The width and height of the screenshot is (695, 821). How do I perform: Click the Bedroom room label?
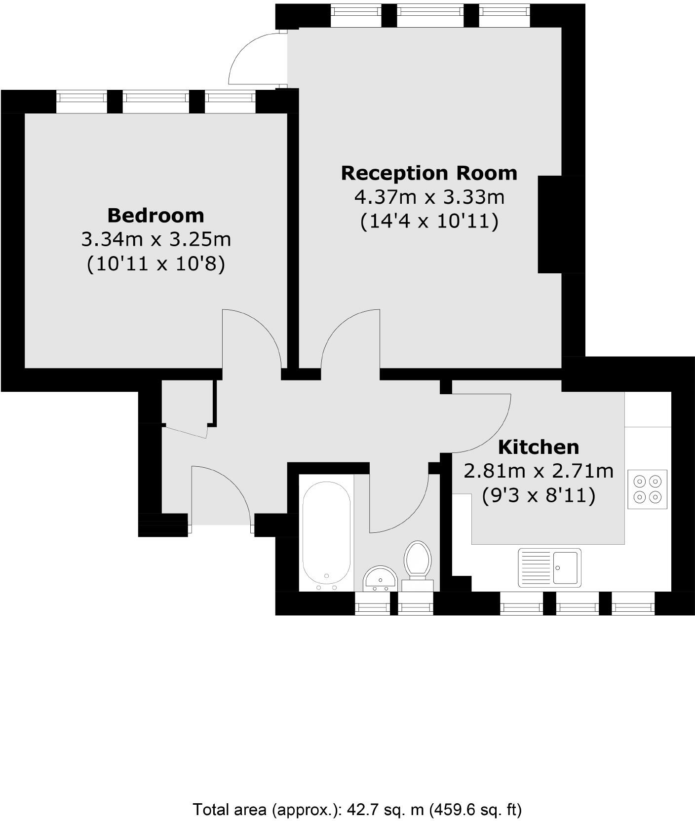click(155, 216)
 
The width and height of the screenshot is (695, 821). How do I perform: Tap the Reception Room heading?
click(429, 173)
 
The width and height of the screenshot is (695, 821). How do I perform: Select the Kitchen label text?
click(538, 447)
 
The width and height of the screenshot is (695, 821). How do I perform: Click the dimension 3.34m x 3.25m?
click(156, 240)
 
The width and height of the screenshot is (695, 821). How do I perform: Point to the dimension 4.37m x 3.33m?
click(429, 197)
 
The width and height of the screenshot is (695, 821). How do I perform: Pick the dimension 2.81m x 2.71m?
click(538, 471)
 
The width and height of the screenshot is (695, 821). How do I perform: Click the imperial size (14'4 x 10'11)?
click(429, 221)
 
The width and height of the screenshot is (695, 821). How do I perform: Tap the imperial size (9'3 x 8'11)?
click(538, 495)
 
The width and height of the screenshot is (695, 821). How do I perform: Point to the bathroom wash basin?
click(380, 578)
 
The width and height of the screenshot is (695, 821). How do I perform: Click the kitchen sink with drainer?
click(549, 567)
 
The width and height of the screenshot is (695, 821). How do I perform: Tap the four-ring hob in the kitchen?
click(647, 489)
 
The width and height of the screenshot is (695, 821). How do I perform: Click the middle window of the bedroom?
click(155, 102)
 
